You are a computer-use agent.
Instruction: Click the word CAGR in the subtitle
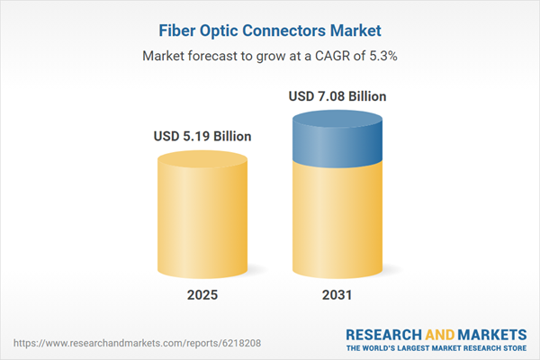tap(325, 56)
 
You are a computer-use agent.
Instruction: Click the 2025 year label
tap(202, 295)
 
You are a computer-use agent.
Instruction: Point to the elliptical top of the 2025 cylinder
tap(202, 160)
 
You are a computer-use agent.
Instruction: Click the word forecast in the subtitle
tap(217, 56)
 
